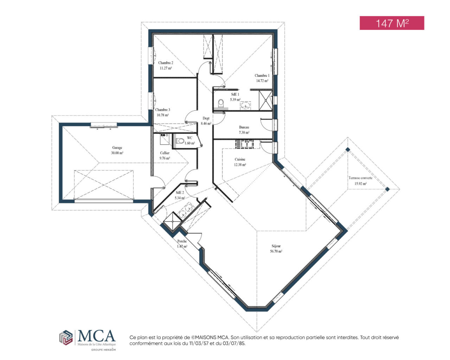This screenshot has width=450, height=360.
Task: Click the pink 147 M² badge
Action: click(x=392, y=23)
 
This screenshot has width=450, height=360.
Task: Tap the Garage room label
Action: click(x=117, y=148)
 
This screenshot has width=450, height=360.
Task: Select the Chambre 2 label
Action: click(x=166, y=63)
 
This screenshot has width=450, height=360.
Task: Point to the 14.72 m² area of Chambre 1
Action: click(x=262, y=81)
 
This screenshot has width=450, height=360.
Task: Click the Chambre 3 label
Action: click(x=162, y=110)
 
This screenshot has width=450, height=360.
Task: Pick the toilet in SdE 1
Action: click(x=221, y=103)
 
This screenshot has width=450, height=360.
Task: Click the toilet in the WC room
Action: click(x=180, y=141)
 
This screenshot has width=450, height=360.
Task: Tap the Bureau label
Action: click(x=244, y=127)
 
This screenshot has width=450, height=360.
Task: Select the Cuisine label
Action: click(x=240, y=159)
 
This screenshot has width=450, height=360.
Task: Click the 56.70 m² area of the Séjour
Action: click(x=276, y=251)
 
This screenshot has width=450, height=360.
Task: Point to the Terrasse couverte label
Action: click(x=360, y=178)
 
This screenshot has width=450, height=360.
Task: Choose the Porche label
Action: click(x=182, y=241)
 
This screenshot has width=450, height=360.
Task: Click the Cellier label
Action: click(x=165, y=153)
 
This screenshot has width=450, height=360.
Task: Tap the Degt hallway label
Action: click(x=206, y=118)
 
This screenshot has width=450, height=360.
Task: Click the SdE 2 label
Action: click(x=180, y=193)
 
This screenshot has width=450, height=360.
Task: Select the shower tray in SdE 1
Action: click(x=265, y=101)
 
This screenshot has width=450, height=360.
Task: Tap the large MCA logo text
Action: click(x=96, y=335)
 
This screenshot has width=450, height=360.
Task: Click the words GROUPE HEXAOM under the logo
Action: click(x=103, y=349)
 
